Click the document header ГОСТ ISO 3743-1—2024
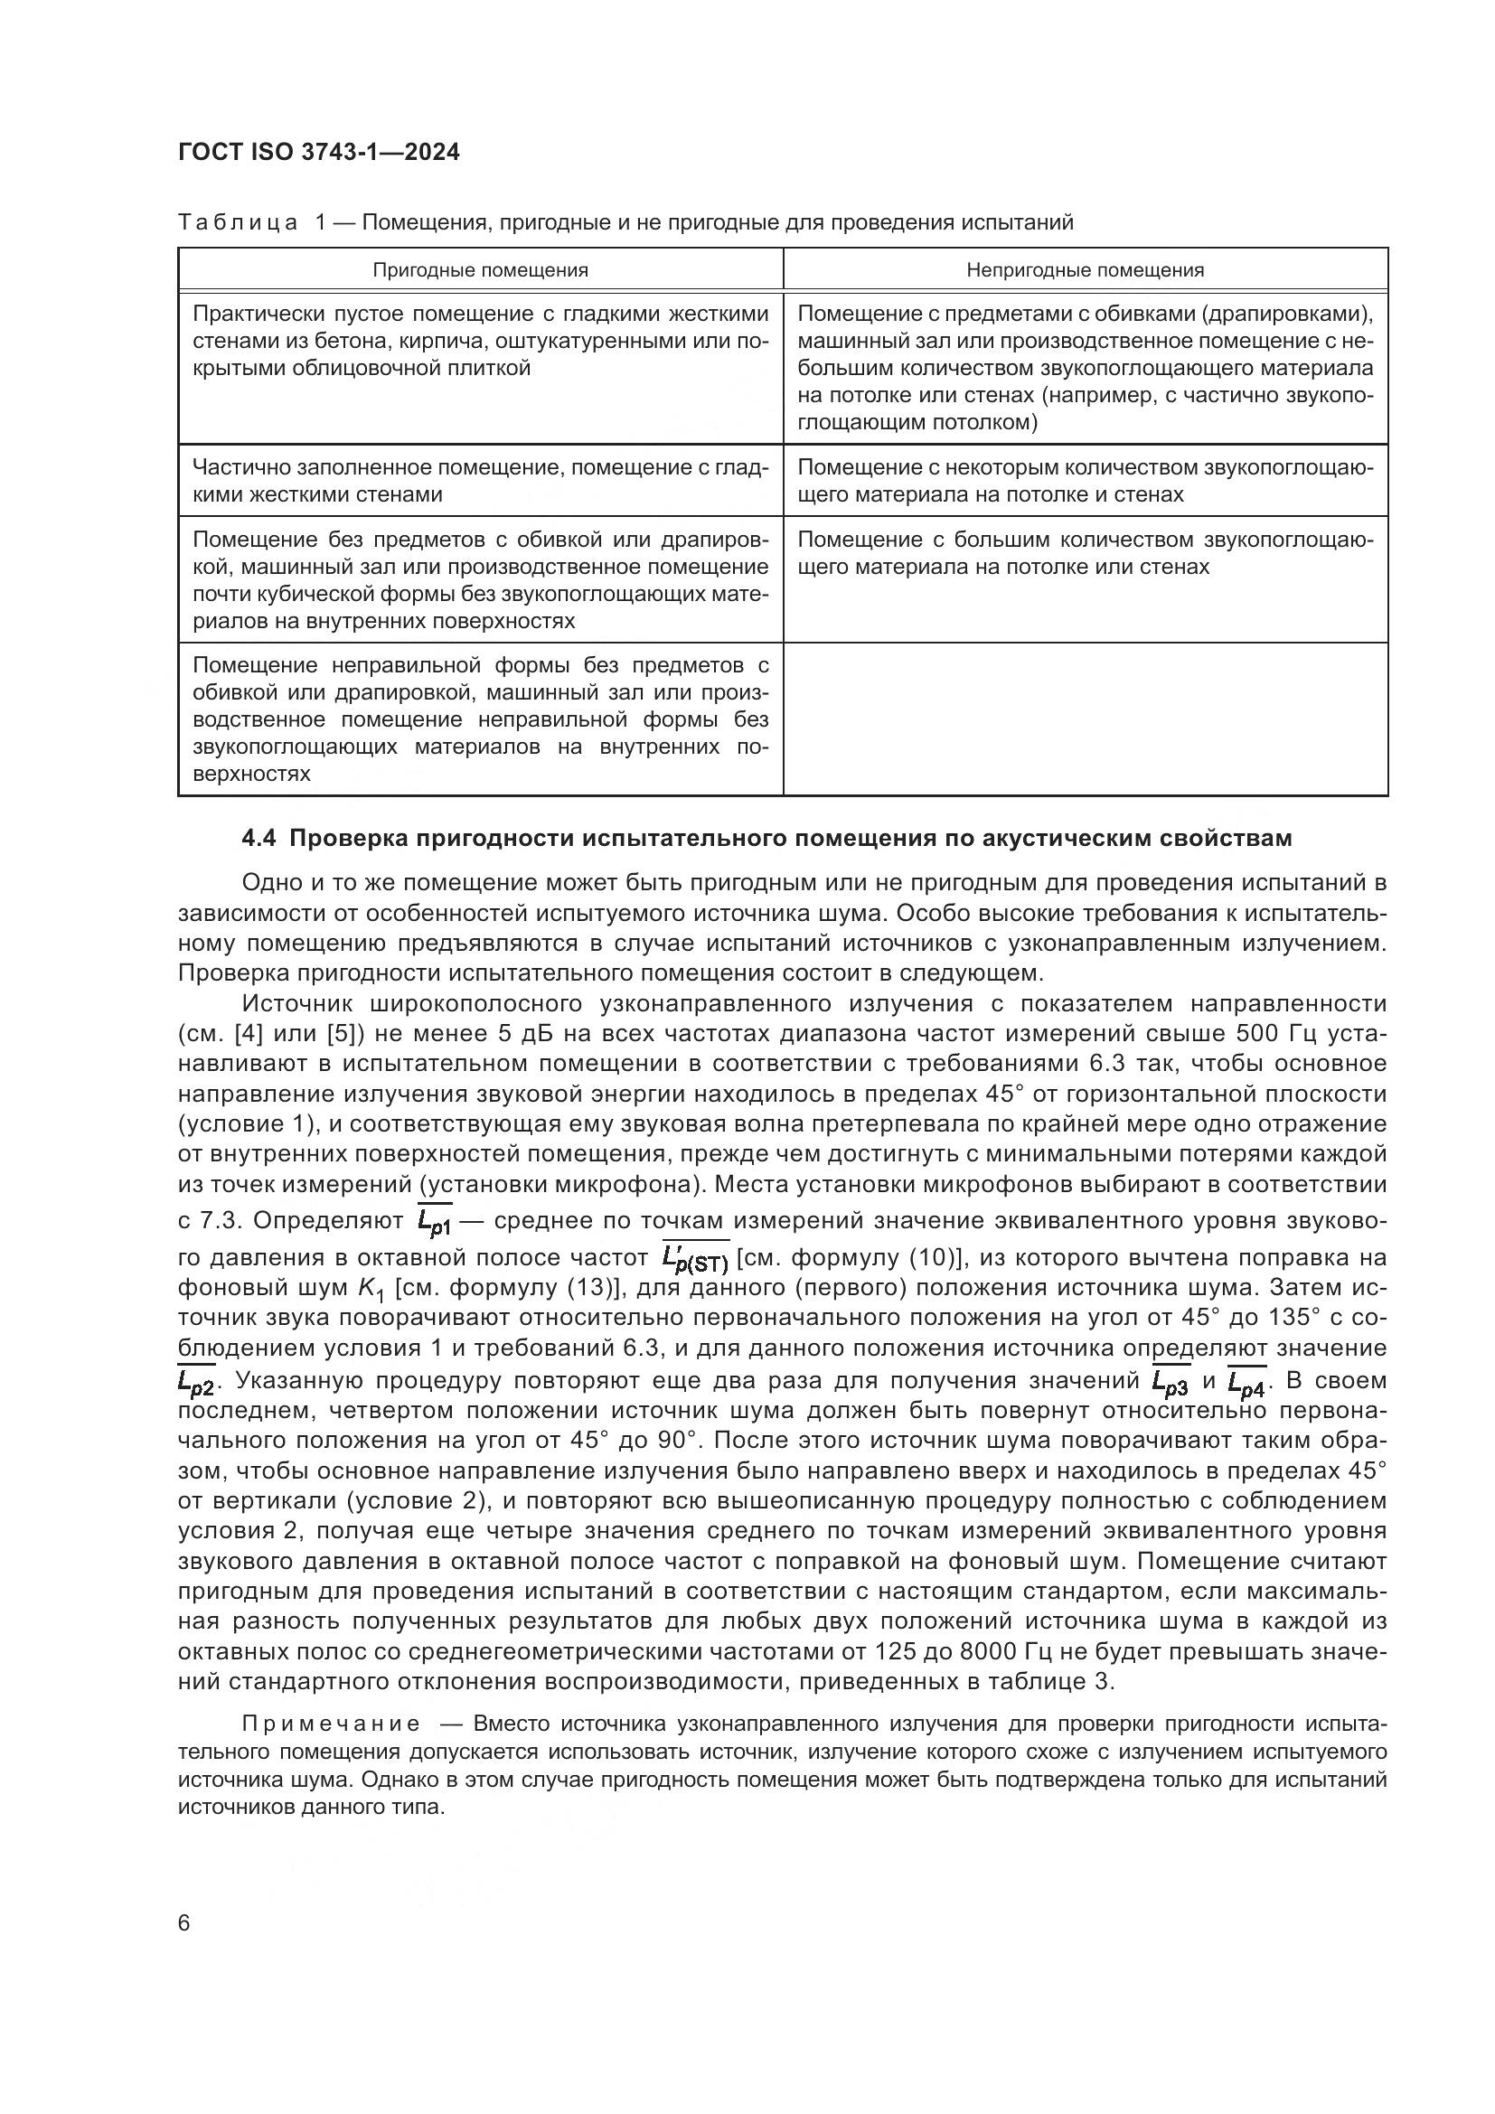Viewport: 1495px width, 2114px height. coord(318,153)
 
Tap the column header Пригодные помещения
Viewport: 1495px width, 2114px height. coord(480,271)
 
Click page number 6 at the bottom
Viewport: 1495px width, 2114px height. coord(184,1923)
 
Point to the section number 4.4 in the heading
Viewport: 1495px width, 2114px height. coord(260,839)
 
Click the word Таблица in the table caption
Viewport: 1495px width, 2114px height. coord(238,223)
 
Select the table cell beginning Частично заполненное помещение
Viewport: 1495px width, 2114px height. coord(480,481)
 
